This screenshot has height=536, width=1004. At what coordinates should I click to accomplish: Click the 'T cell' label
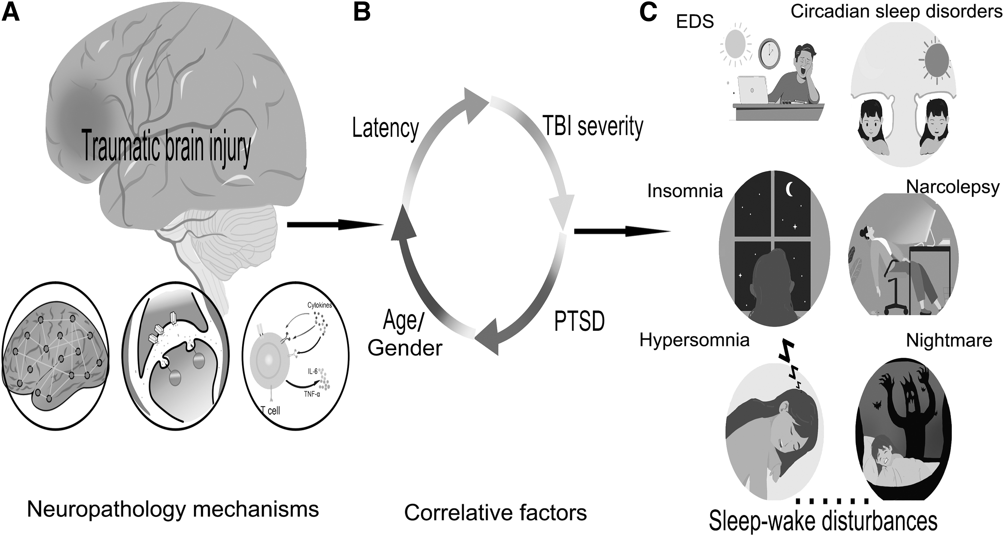270,410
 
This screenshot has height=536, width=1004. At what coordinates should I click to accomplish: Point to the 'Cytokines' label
320,305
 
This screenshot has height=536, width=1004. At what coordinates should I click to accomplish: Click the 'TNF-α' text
312,394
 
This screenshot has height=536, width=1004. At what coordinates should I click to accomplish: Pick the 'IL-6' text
313,372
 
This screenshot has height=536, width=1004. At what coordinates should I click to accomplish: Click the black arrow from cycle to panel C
622,232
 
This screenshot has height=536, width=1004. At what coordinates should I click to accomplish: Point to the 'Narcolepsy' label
953,187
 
